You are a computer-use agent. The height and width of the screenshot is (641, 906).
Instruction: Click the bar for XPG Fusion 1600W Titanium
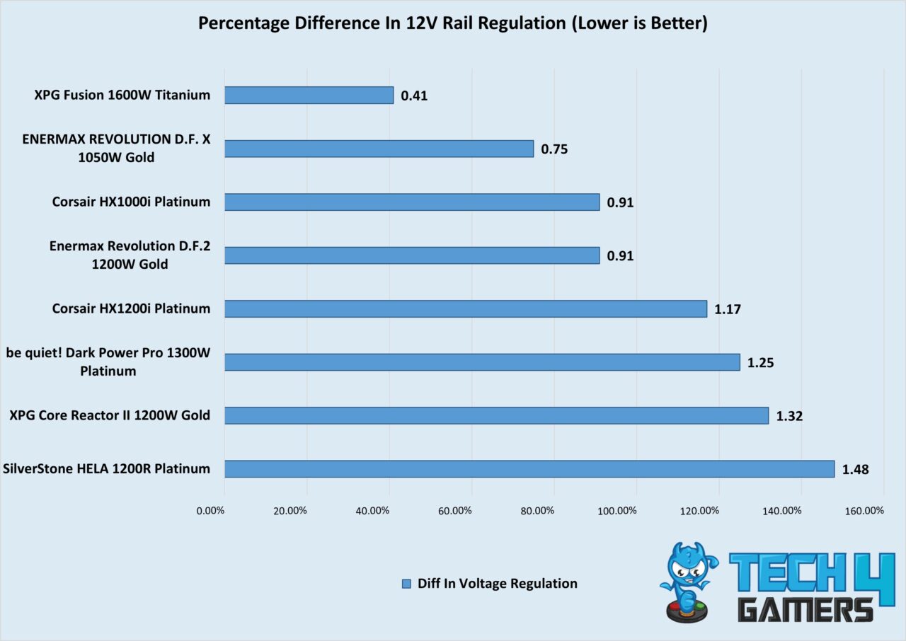click(x=309, y=95)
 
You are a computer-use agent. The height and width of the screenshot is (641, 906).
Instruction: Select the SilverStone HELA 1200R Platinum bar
click(x=529, y=468)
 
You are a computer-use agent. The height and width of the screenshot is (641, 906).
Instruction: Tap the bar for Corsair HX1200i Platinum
click(x=465, y=308)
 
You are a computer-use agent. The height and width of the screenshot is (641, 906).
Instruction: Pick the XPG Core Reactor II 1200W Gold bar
click(x=496, y=415)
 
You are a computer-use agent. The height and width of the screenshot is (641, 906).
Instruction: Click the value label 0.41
click(x=414, y=96)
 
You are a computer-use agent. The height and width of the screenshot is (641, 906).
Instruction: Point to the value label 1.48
click(x=855, y=469)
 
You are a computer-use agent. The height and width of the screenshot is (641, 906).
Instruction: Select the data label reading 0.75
click(x=554, y=149)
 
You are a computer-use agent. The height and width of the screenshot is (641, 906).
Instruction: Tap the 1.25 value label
click(x=761, y=363)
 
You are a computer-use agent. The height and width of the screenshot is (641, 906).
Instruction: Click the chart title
click(x=452, y=23)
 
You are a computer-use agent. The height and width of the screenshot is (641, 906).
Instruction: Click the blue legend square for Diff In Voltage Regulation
click(x=406, y=584)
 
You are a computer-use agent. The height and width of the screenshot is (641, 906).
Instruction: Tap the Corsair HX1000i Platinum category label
click(x=131, y=202)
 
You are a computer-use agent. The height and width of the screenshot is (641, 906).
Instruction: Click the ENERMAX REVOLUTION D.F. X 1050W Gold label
click(x=117, y=149)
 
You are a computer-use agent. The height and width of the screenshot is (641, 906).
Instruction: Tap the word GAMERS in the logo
click(x=805, y=609)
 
